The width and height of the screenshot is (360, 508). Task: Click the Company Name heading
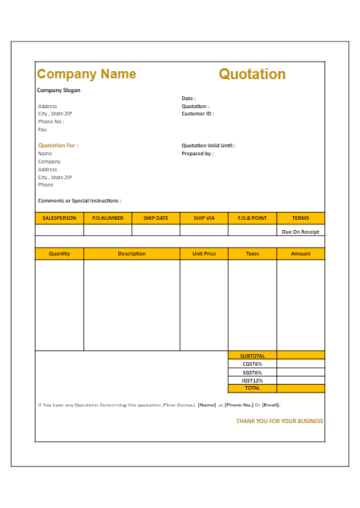[x=86, y=74]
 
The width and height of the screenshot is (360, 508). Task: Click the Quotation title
[x=252, y=74]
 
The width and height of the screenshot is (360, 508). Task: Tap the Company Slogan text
[x=59, y=91]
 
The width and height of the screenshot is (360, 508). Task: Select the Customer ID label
[x=197, y=114]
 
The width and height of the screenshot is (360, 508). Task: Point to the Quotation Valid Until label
[x=208, y=145]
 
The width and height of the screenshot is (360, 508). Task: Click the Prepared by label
[x=197, y=154]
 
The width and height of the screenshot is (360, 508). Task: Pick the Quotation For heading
[x=58, y=145]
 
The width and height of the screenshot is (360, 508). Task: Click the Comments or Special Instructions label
[x=80, y=201]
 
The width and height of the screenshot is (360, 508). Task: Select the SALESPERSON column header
[x=60, y=218]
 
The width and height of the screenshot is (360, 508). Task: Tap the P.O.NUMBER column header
[x=107, y=218]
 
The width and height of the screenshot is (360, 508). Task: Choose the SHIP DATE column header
[x=155, y=218]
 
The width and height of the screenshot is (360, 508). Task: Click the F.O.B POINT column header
[x=252, y=218]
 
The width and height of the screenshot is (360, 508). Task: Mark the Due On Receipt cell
[x=300, y=232]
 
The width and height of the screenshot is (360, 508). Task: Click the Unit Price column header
[x=204, y=254]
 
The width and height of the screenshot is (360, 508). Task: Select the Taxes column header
[x=253, y=254]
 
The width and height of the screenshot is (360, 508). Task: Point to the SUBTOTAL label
[x=253, y=356]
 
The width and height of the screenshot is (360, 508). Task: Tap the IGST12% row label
[x=253, y=380]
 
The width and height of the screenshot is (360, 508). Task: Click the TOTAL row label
[x=253, y=388]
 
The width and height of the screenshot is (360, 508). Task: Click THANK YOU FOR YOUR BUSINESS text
[x=279, y=421]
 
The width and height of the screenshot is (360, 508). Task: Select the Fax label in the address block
[x=43, y=130]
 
